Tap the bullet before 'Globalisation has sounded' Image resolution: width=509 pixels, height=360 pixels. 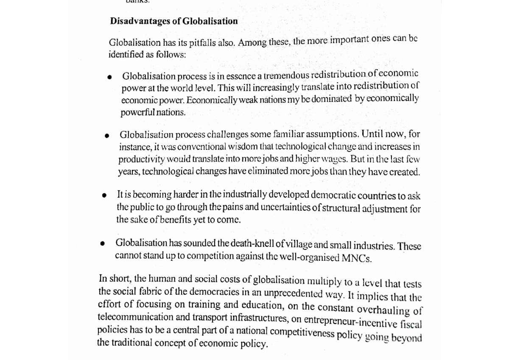[102, 243]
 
